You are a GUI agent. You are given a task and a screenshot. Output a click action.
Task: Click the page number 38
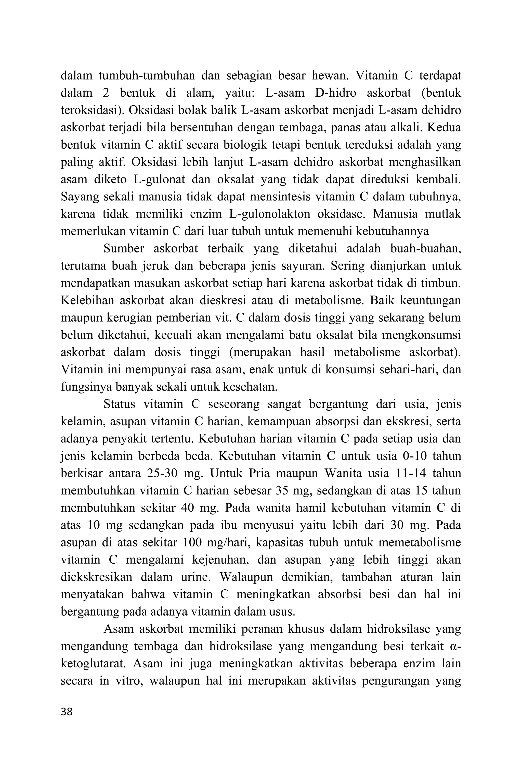click(x=67, y=712)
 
